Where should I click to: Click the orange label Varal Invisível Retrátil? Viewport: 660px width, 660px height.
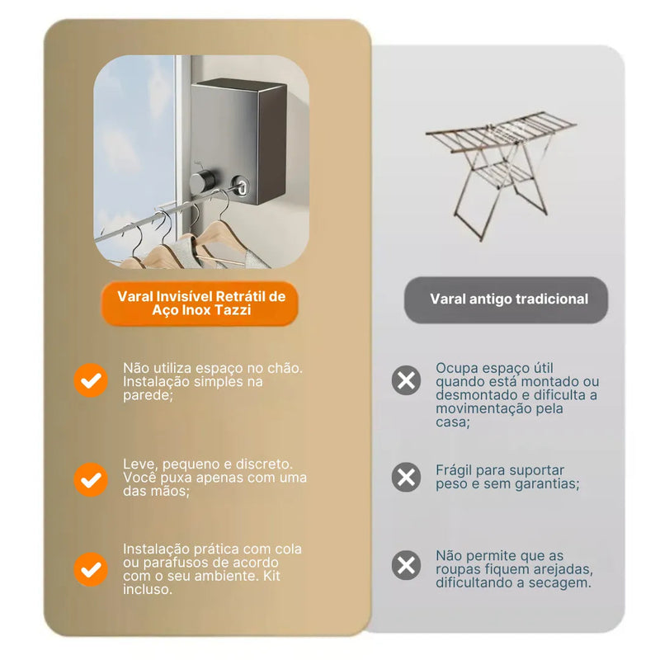pos(201,303)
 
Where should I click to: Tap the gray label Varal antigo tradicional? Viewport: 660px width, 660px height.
pos(508,299)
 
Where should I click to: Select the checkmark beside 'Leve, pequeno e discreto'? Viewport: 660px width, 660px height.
pos(91,479)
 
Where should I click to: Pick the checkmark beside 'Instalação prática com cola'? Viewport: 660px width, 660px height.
pos(91,569)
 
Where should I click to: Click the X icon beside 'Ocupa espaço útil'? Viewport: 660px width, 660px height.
pos(406,381)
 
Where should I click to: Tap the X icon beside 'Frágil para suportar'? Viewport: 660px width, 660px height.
pos(406,477)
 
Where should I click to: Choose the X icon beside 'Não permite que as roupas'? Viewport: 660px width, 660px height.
pos(406,565)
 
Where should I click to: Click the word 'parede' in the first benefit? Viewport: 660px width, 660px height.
pos(145,397)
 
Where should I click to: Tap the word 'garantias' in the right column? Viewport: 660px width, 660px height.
pos(547,484)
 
